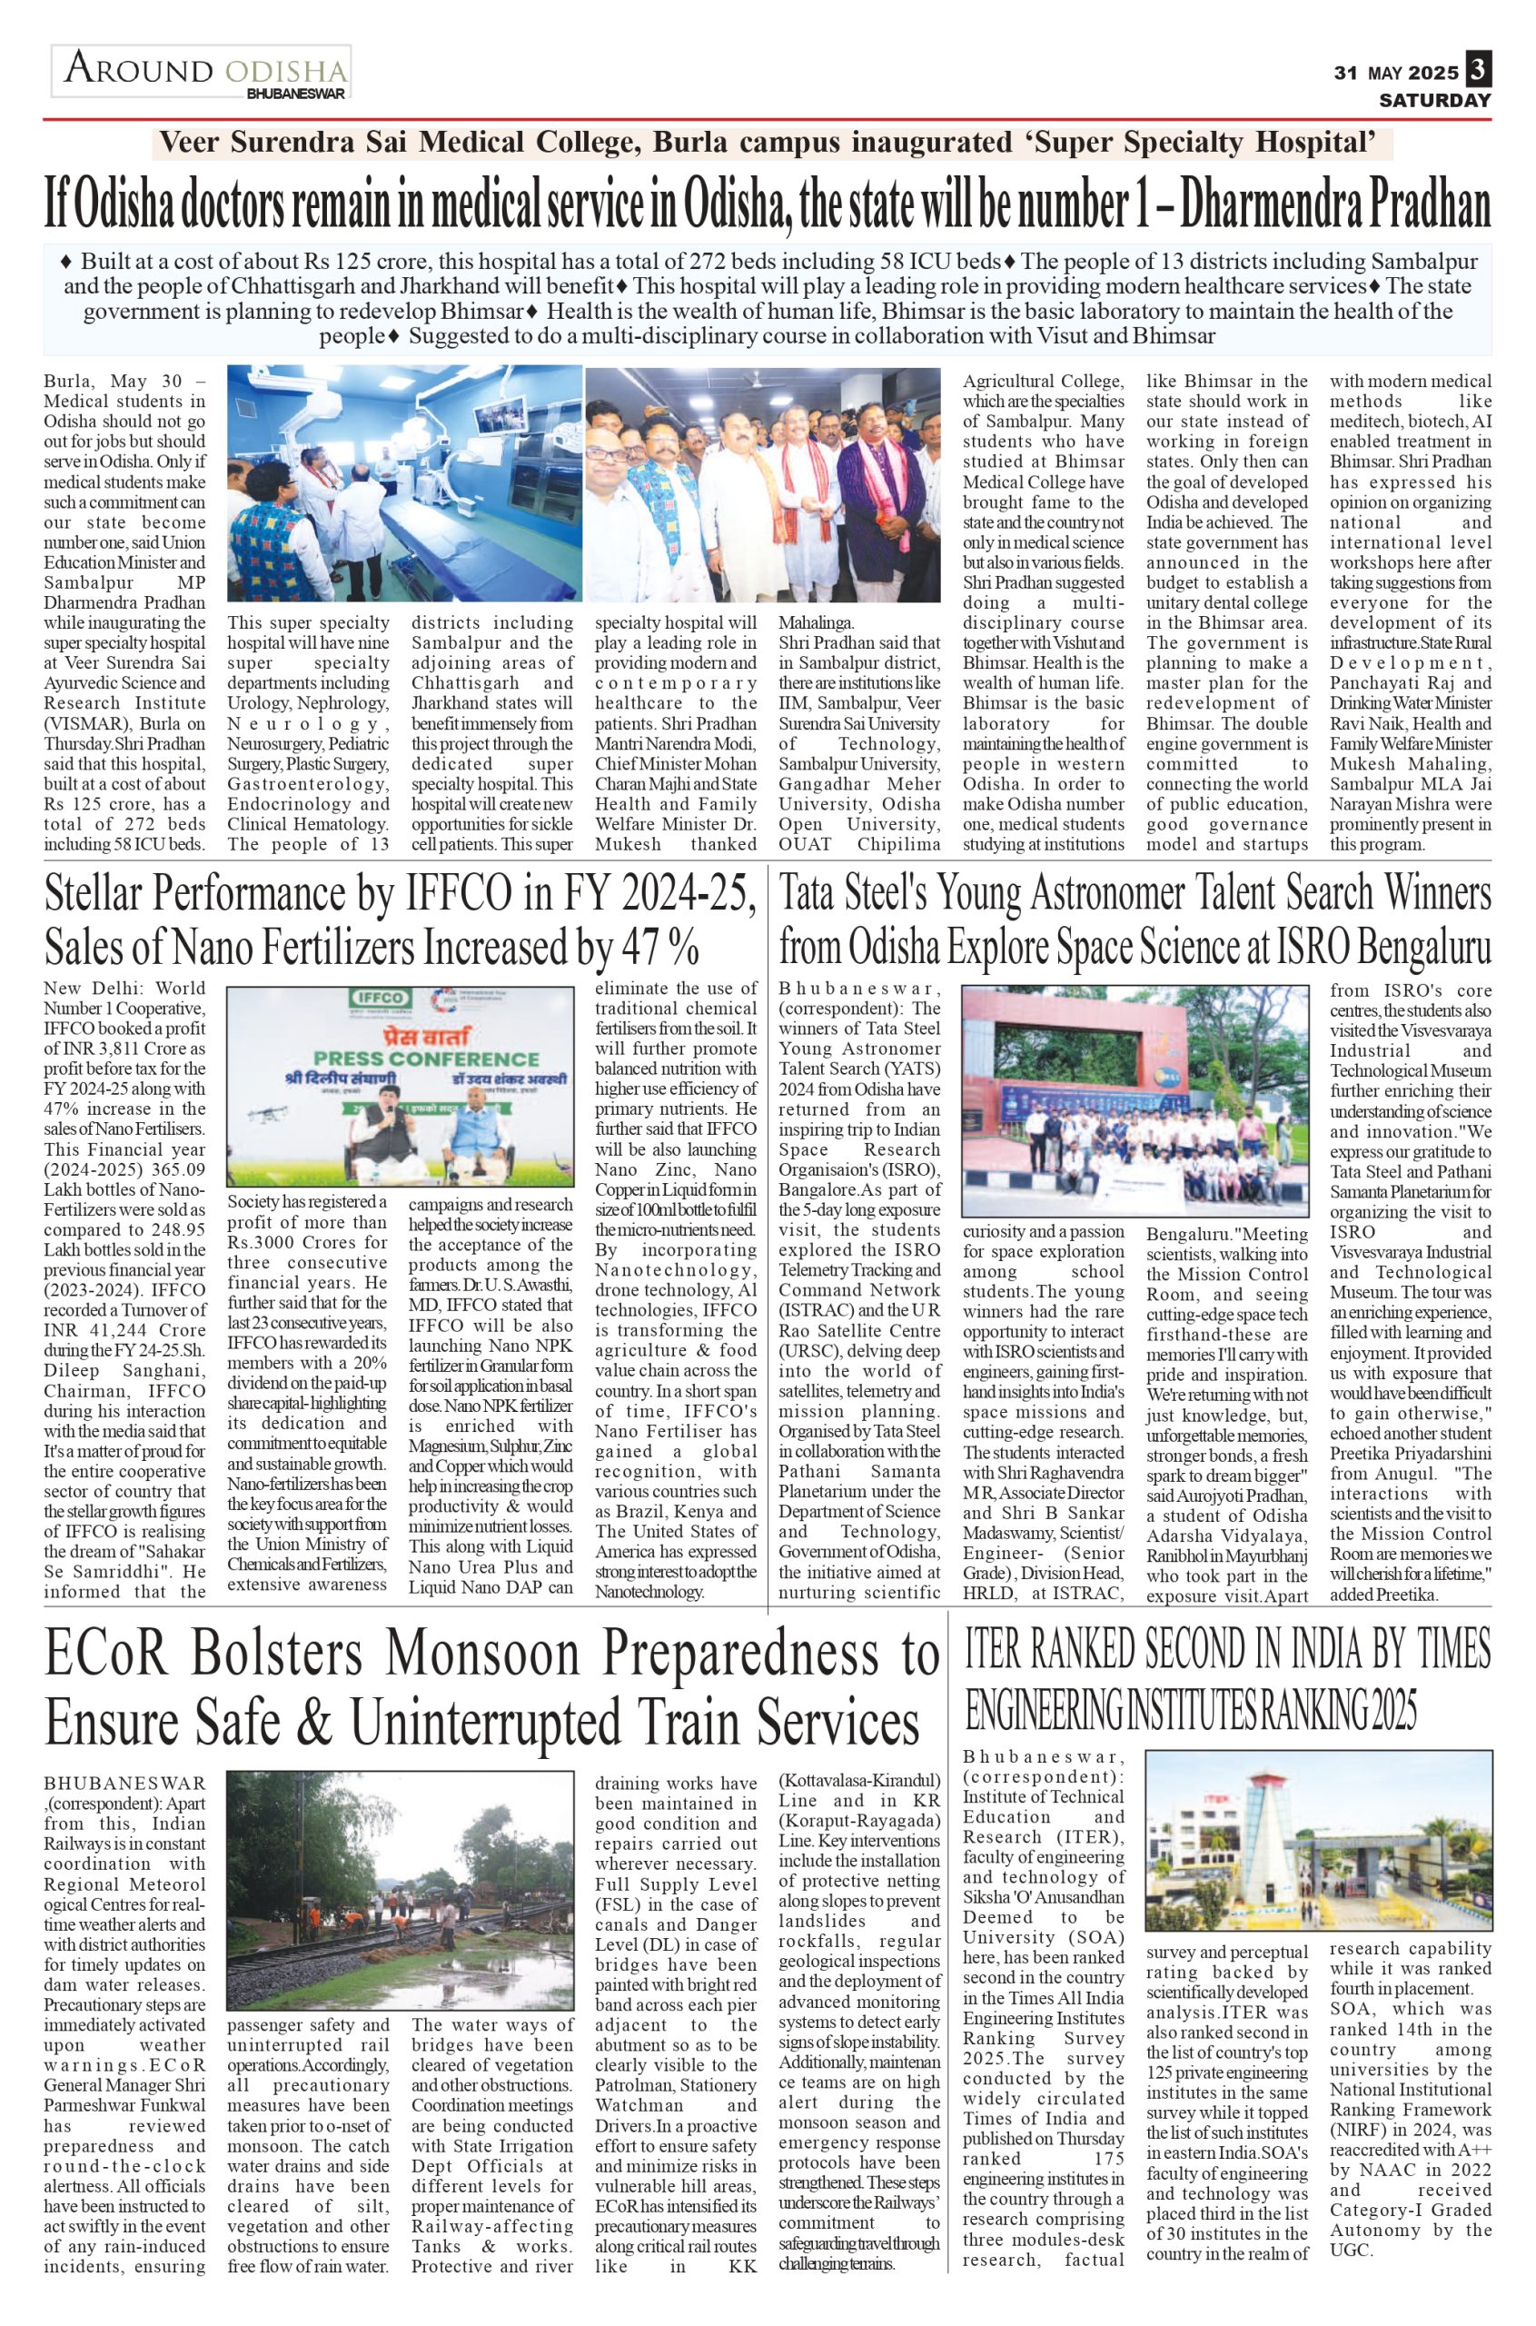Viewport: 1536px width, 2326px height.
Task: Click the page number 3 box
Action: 1477,71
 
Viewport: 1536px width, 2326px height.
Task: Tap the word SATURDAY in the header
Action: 1435,100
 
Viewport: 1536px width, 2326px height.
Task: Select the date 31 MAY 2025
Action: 1396,74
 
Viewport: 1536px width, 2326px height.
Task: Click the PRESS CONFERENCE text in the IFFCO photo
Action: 426,1059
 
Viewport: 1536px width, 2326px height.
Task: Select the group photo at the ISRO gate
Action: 1135,1100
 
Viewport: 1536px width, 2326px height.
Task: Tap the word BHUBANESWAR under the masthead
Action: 297,94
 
